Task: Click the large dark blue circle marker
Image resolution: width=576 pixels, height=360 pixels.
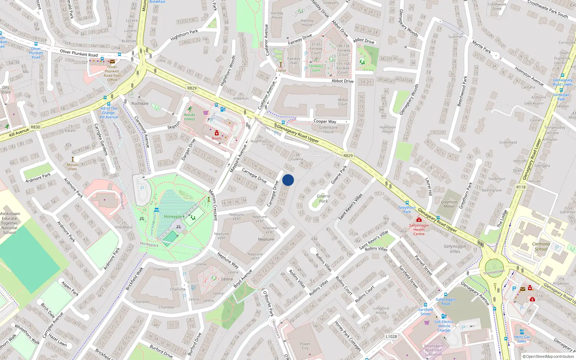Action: (288, 180)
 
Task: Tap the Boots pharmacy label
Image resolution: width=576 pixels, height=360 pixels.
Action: (217, 138)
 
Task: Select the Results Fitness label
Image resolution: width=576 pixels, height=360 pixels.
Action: (190, 117)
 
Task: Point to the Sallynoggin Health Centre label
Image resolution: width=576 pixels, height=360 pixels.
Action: (419, 230)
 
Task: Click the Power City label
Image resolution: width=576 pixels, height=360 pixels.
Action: (305, 346)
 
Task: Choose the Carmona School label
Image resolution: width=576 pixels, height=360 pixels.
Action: (541, 246)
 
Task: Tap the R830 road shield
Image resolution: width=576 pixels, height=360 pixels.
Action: (35, 127)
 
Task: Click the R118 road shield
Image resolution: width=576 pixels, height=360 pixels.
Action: (521, 187)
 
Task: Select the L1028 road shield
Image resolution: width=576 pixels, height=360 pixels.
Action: (391, 337)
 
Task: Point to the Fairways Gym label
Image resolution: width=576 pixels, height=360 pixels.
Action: (316, 68)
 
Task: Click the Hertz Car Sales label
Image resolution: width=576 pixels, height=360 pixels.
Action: (522, 339)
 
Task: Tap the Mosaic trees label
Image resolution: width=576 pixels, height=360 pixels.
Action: (73, 167)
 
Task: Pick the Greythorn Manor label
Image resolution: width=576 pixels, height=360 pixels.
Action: (449, 204)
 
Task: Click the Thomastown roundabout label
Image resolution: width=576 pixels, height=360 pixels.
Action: (494, 272)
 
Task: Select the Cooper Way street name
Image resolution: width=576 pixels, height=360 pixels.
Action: (325, 121)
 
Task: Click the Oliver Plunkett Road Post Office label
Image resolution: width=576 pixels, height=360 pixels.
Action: (112, 73)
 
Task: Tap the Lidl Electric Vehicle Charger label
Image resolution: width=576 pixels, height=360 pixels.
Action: (444, 326)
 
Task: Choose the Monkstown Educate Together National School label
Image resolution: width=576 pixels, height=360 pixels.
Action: (10, 223)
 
